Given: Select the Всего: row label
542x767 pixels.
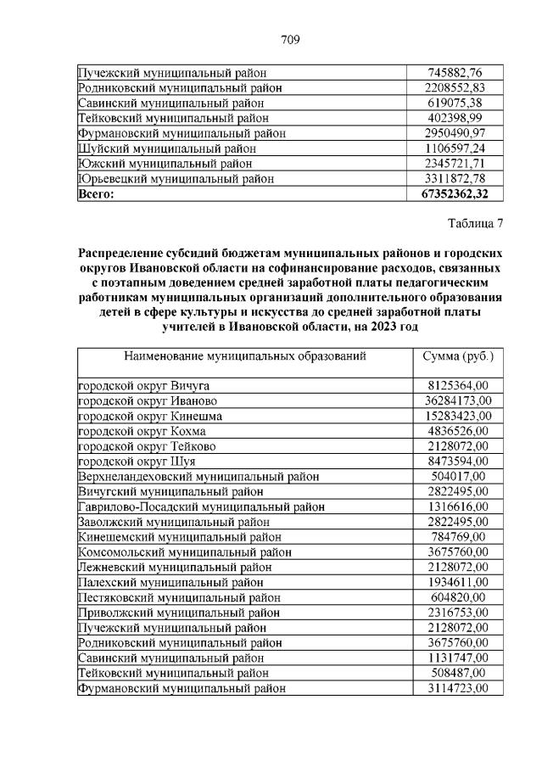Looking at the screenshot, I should pyautogui.click(x=96, y=193).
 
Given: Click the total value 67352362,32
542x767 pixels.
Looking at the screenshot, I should pyautogui.click(x=456, y=193).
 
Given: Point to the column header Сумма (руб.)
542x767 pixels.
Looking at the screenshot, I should pyautogui.click(x=457, y=356).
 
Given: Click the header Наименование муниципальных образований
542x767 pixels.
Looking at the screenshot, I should pyautogui.click(x=245, y=356).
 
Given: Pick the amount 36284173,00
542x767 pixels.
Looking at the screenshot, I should pyautogui.click(x=456, y=400).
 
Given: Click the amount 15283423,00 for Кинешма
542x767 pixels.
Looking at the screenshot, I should pyautogui.click(x=456, y=415).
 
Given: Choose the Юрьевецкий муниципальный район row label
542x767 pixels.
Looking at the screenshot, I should pyautogui.click(x=176, y=178).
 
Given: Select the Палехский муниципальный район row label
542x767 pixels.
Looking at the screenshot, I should pyautogui.click(x=170, y=582).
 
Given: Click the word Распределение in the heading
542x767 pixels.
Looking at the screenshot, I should pyautogui.click(x=124, y=253).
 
